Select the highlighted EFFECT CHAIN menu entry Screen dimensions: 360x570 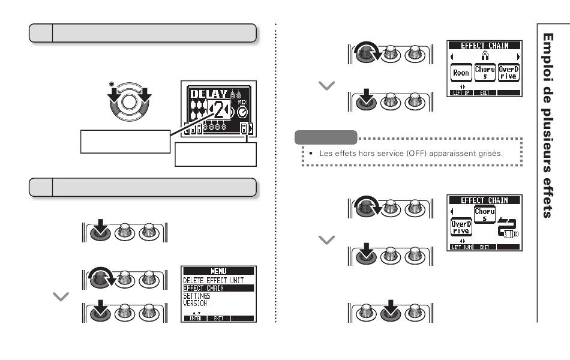click(203, 288)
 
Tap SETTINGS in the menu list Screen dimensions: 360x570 click(196, 296)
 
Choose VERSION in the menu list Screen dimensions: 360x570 click(195, 304)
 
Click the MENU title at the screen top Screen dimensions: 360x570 click(218, 272)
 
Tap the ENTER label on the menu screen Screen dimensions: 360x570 click(196, 319)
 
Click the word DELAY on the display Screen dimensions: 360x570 click(208, 94)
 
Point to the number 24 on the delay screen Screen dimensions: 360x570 click(220, 110)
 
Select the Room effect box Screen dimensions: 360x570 click(461, 73)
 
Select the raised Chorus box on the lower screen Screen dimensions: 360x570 click(485, 215)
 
